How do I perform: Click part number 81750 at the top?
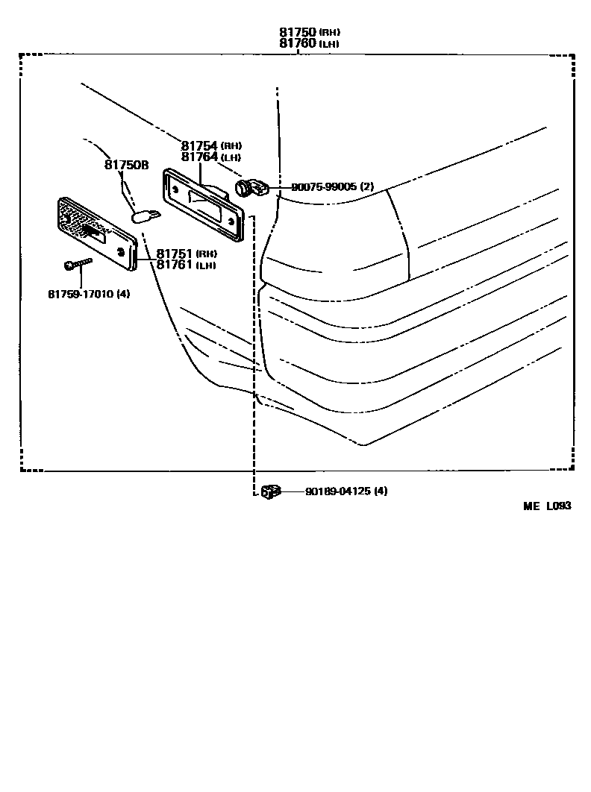pos(298,33)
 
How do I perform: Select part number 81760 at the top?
pos(298,44)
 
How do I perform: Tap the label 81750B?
pos(126,165)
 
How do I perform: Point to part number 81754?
pos(199,146)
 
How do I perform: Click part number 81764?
pos(199,157)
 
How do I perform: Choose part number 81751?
pos(175,254)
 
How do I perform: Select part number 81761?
pos(175,265)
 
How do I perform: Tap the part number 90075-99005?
pos(324,187)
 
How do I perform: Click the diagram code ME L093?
pos(546,506)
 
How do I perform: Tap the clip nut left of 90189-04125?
pos(270,491)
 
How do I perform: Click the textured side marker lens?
pos(96,234)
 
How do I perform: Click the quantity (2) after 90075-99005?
pos(366,187)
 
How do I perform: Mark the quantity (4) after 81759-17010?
pos(123,294)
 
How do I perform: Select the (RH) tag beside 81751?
pos(206,254)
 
